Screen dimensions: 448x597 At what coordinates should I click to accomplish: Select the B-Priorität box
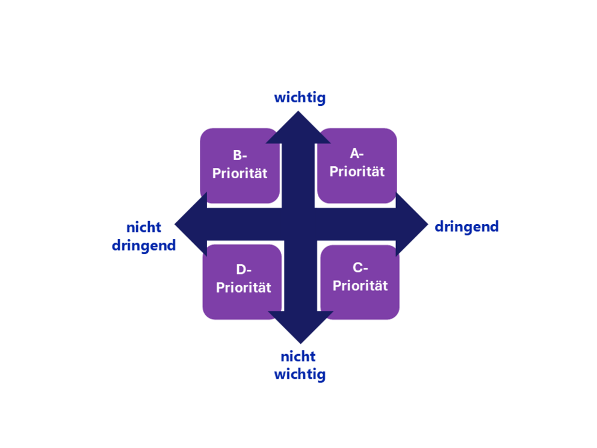pyautogui.click(x=240, y=164)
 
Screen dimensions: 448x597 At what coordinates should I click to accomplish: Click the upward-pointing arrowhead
pyautogui.click(x=298, y=128)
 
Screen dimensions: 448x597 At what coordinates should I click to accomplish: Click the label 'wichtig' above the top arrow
pyautogui.click(x=300, y=98)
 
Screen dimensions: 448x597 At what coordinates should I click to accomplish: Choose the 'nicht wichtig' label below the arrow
pyautogui.click(x=300, y=365)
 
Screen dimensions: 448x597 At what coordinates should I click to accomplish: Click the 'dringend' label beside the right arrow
pyautogui.click(x=466, y=226)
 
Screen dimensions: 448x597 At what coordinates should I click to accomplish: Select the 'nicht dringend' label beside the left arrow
pyautogui.click(x=144, y=237)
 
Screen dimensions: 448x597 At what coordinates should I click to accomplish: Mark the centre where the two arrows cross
pyautogui.click(x=300, y=224)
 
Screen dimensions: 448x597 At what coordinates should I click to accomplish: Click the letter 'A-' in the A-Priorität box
pyautogui.click(x=357, y=154)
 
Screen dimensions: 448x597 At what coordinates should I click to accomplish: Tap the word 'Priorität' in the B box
pyautogui.click(x=240, y=173)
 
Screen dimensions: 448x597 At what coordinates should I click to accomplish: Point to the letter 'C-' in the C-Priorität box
pyautogui.click(x=360, y=268)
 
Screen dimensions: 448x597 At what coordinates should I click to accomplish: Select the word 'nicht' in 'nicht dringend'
pyautogui.click(x=144, y=228)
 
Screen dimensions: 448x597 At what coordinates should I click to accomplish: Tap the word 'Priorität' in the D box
pyautogui.click(x=243, y=288)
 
